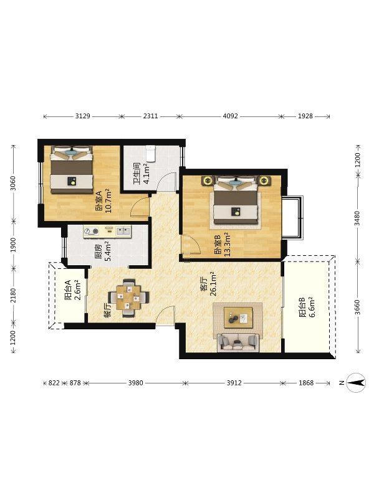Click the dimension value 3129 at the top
point(83,116)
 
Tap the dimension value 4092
point(230,116)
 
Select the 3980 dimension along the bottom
point(136,383)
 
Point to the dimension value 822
point(54,383)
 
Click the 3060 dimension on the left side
point(13,183)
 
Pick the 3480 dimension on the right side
point(357,218)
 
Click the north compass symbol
point(355,382)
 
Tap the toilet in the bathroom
point(150,153)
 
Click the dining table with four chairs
point(128,298)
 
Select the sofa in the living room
point(238,342)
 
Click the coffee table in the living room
point(238,317)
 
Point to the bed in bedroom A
point(72,169)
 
